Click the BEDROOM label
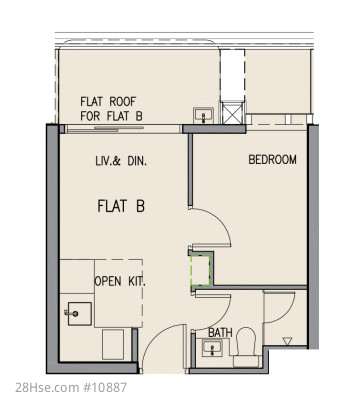click(x=272, y=160)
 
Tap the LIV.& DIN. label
click(x=121, y=161)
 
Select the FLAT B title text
click(x=121, y=206)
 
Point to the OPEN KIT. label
click(x=120, y=282)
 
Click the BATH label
click(x=220, y=332)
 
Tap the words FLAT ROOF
click(x=108, y=101)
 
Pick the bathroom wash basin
click(x=212, y=349)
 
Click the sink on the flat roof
click(x=203, y=116)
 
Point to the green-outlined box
click(x=200, y=271)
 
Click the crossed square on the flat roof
click(x=232, y=113)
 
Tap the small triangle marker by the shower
click(x=287, y=341)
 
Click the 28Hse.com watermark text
click(x=46, y=387)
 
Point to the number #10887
click(x=103, y=387)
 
